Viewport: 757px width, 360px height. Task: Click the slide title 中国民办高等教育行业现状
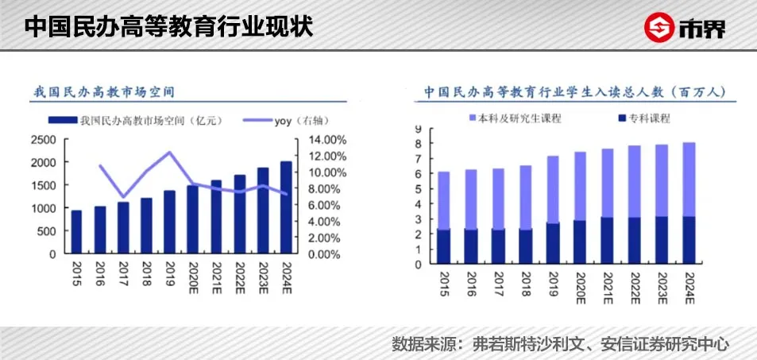[x=168, y=26]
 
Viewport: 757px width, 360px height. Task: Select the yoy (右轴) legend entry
[x=299, y=121]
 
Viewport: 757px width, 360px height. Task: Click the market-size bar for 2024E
[x=285, y=207]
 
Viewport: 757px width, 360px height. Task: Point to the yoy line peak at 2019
[x=169, y=152]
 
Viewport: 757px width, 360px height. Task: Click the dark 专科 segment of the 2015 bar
[x=444, y=246]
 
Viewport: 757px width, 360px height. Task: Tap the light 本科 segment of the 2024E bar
[x=689, y=179]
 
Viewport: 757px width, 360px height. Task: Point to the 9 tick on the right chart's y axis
[x=416, y=128]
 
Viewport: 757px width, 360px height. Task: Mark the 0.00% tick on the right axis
[x=322, y=254]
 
